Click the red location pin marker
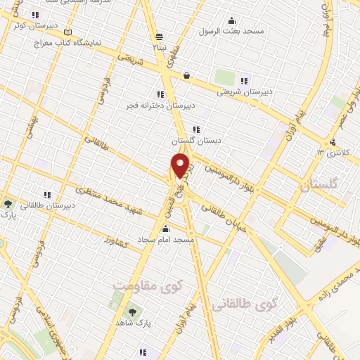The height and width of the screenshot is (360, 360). tap(181, 166)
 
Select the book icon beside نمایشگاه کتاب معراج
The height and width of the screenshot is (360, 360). tap(67, 32)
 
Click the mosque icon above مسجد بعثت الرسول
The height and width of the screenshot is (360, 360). tap(231, 20)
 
